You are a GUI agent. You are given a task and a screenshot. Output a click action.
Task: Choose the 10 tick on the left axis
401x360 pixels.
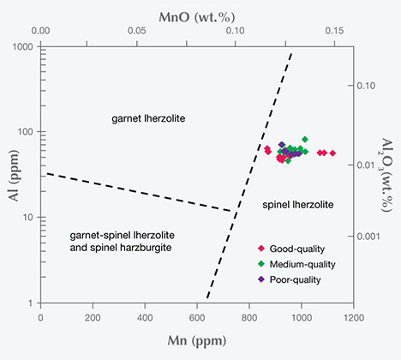pyautogui.click(x=30, y=218)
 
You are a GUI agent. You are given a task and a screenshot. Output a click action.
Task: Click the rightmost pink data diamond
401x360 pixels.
pyautogui.click(x=332, y=153)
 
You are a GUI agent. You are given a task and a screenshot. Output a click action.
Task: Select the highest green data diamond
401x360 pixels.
pyautogui.click(x=304, y=138)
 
